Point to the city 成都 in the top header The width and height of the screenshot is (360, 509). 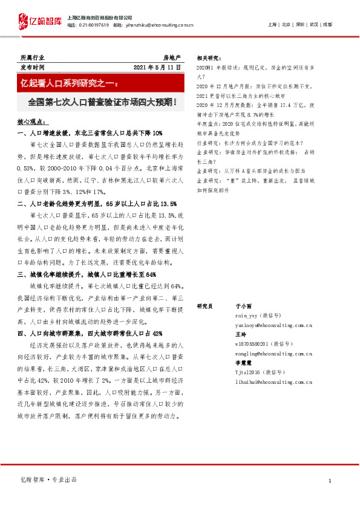[327, 25]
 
